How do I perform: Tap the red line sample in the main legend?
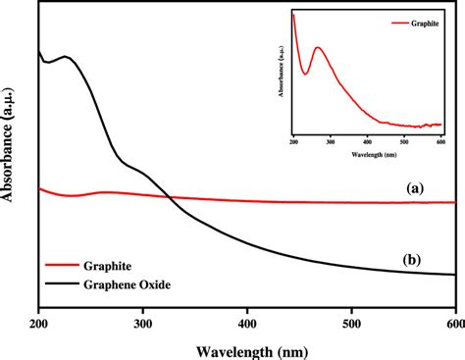point(63,266)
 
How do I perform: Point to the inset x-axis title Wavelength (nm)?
point(367,153)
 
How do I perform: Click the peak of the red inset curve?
point(317,47)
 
